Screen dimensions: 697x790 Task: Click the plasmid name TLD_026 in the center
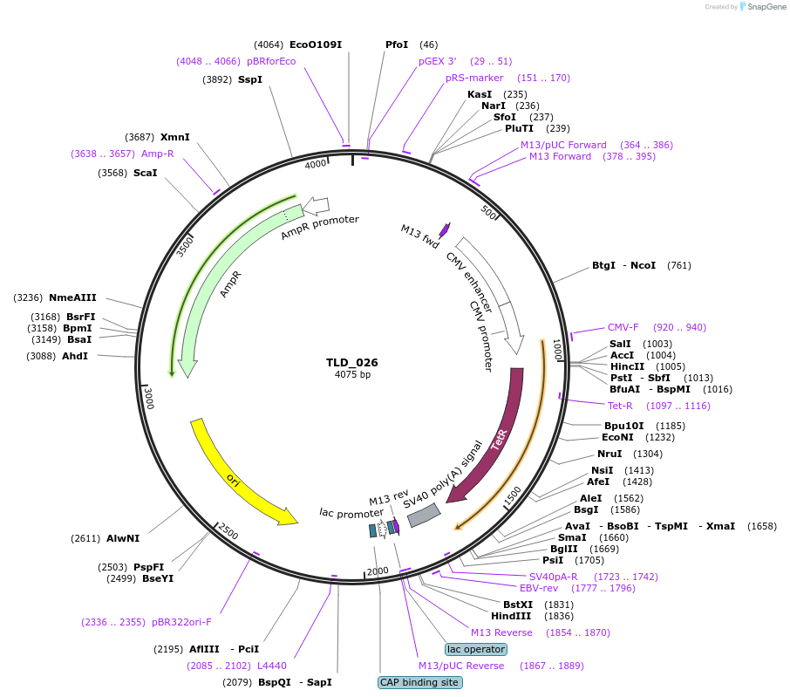coord(352,362)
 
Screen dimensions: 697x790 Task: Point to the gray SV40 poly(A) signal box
coord(424,516)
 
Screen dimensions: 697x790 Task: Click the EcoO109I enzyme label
coord(316,44)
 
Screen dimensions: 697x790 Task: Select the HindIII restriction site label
coord(510,616)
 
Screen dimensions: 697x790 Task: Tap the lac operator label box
coord(475,649)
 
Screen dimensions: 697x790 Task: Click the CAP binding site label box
coord(419,682)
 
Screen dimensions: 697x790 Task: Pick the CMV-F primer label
coord(623,328)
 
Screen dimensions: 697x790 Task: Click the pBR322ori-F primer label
coord(181,622)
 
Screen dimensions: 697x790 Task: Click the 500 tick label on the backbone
coord(488,215)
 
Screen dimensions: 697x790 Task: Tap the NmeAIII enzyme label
coord(73,297)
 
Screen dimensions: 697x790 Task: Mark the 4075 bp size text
coord(352,375)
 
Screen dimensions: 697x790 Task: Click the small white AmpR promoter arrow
coord(316,205)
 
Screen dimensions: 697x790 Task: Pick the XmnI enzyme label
coord(174,137)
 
